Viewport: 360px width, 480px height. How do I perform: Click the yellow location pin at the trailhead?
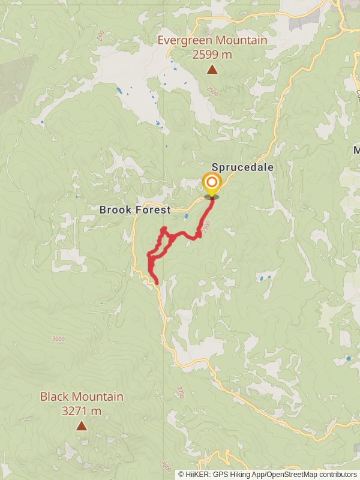click(x=211, y=184)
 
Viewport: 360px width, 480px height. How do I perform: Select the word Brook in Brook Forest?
click(x=115, y=210)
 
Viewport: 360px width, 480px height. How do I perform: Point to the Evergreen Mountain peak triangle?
click(x=212, y=70)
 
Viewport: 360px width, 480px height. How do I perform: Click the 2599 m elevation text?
click(x=212, y=55)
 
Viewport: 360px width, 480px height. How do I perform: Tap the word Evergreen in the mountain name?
click(x=183, y=41)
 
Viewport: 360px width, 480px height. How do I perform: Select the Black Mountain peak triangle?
click(x=81, y=426)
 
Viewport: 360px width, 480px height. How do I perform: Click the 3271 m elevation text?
click(x=82, y=411)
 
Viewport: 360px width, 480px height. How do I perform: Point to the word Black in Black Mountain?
click(x=54, y=397)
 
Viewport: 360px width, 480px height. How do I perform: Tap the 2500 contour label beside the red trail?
click(x=206, y=227)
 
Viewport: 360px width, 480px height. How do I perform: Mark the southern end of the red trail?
click(x=157, y=282)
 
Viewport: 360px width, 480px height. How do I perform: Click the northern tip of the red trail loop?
click(x=163, y=229)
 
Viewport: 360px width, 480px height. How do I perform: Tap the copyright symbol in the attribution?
click(x=181, y=474)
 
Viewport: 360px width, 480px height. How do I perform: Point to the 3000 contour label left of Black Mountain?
click(x=58, y=339)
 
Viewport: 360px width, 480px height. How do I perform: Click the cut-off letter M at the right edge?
click(x=356, y=149)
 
